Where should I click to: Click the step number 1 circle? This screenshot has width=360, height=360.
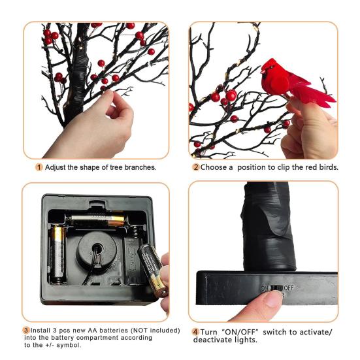pos(39,167)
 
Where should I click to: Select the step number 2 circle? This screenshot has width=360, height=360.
pos(196,167)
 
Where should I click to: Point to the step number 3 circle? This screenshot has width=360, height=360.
pos(26,331)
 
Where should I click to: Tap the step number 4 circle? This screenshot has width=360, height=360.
pos(195,332)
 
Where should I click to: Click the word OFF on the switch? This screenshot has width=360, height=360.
pos(289,288)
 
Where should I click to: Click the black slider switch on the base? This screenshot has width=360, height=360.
pos(276,288)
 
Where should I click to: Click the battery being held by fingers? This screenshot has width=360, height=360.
pos(152,270)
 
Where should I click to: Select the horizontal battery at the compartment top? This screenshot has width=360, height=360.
pos(97,221)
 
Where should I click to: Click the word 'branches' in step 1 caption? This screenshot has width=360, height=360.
pos(140,167)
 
